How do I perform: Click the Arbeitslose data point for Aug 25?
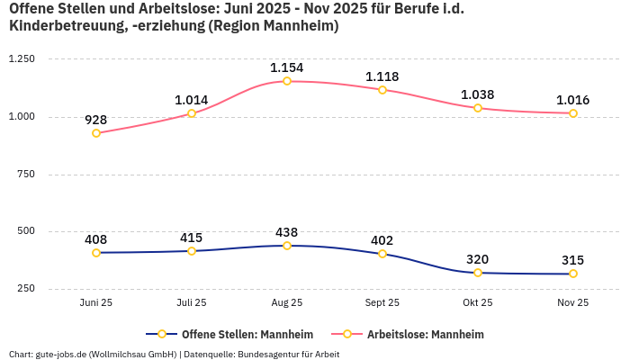pyautogui.click(x=287, y=81)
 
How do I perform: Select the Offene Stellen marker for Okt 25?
pyautogui.click(x=478, y=273)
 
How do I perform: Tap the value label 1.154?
pyautogui.click(x=287, y=67)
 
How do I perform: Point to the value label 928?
pyautogui.click(x=96, y=120)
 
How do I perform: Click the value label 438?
pyautogui.click(x=287, y=232)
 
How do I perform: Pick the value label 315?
pyautogui.click(x=573, y=260)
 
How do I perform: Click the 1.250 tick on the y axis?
pyautogui.click(x=22, y=59)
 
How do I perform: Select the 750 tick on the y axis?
pyautogui.click(x=26, y=174)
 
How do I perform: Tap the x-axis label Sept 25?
pyautogui.click(x=382, y=303)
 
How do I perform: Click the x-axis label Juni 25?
pyautogui.click(x=96, y=303)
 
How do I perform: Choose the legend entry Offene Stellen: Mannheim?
pyautogui.click(x=238, y=335)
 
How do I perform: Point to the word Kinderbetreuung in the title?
pyautogui.click(x=64, y=26)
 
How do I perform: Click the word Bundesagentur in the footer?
pyautogui.click(x=269, y=355)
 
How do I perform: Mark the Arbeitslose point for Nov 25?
pyautogui.click(x=573, y=113)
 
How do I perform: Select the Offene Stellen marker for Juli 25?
pyautogui.click(x=192, y=251)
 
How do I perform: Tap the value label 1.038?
pyautogui.click(x=478, y=94)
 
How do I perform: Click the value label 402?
pyautogui.click(x=382, y=240)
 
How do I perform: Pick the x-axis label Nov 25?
pyautogui.click(x=573, y=303)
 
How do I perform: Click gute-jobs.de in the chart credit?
pyautogui.click(x=60, y=355)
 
